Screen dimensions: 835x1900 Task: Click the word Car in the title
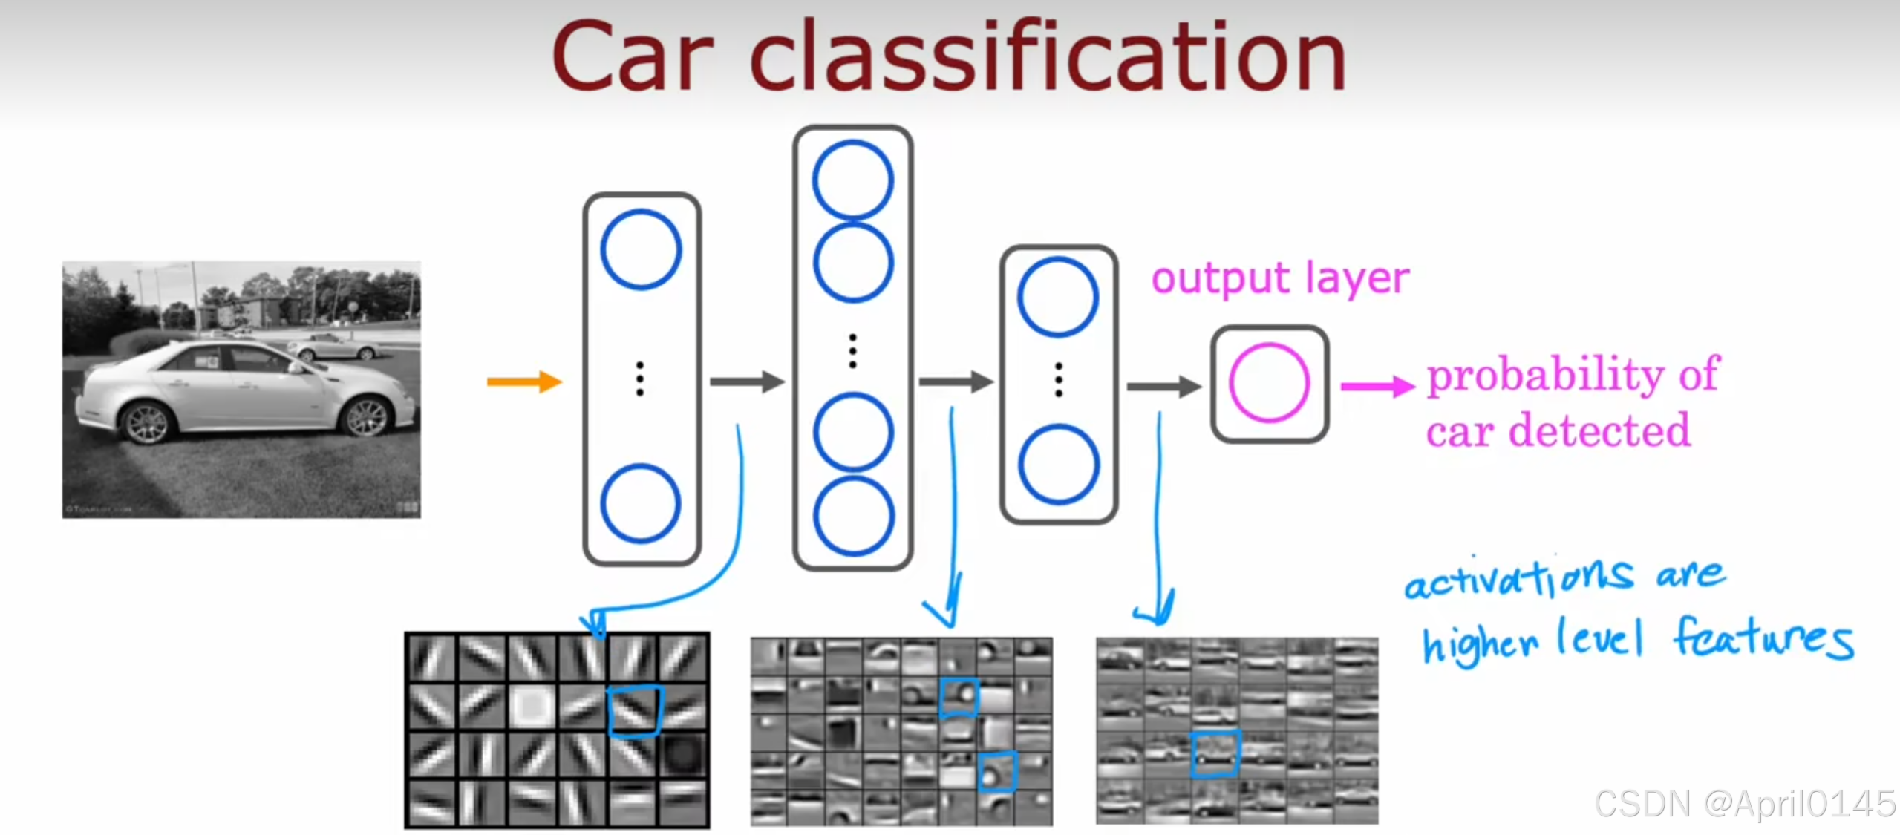(x=632, y=58)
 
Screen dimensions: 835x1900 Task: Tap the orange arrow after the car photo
(x=524, y=382)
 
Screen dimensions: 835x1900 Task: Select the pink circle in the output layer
(x=1269, y=383)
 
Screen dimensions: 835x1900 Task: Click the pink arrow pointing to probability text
(x=1377, y=386)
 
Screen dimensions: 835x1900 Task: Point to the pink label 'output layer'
(x=1280, y=279)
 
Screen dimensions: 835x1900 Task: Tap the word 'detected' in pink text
(x=1599, y=430)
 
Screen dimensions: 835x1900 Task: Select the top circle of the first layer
(x=641, y=249)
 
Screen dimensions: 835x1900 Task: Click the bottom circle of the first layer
(x=640, y=503)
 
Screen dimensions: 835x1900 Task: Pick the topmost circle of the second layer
(x=853, y=180)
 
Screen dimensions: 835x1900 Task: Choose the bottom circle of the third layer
(x=1058, y=465)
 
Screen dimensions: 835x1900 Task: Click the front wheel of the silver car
(x=367, y=417)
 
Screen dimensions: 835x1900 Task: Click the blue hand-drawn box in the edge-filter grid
(x=635, y=710)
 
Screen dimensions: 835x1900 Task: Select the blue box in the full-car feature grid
(x=1215, y=753)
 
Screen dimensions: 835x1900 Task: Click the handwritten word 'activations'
(x=1518, y=579)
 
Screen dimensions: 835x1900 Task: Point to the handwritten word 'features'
(x=1763, y=638)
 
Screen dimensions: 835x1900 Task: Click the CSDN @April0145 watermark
(x=1745, y=804)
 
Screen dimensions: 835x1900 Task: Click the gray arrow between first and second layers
(x=746, y=382)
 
